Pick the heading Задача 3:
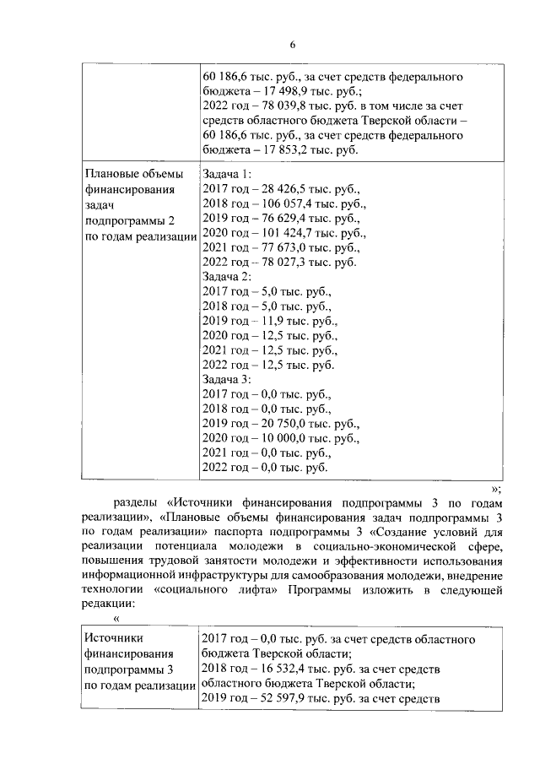228,380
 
